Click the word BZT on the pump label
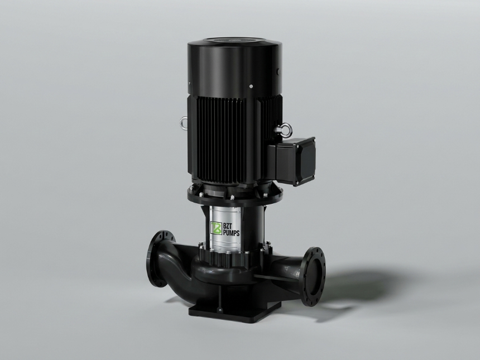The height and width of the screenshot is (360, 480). point(229,226)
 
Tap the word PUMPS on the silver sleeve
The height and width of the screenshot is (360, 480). point(231,233)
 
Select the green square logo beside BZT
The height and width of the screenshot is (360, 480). point(216,228)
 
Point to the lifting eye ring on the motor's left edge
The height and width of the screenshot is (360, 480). point(184,122)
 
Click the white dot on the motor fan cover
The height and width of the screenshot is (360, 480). point(251,87)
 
